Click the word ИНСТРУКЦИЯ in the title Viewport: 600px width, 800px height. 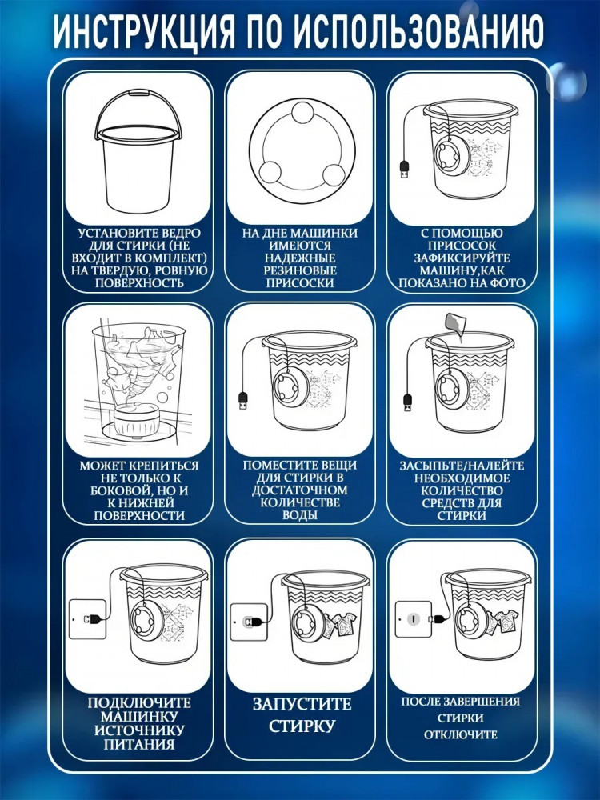(x=144, y=32)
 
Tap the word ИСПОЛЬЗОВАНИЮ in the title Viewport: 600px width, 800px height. (x=419, y=32)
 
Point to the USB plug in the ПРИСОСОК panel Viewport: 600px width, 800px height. (x=403, y=170)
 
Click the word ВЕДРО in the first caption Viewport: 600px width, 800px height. (x=182, y=233)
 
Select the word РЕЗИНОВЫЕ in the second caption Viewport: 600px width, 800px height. (x=300, y=270)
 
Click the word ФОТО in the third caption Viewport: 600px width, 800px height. (x=508, y=283)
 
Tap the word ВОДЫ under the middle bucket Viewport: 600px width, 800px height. (x=300, y=514)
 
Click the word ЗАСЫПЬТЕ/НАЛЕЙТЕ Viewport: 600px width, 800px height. (x=462, y=466)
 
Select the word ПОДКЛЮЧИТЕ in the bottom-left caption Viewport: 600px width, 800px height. (x=138, y=702)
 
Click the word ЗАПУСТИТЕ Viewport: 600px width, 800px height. (x=302, y=704)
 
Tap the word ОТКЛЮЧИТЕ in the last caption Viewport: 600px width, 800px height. (x=460, y=734)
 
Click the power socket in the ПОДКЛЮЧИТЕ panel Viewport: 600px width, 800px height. (x=87, y=619)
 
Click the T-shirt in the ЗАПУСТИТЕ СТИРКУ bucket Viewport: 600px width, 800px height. (x=342, y=626)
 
